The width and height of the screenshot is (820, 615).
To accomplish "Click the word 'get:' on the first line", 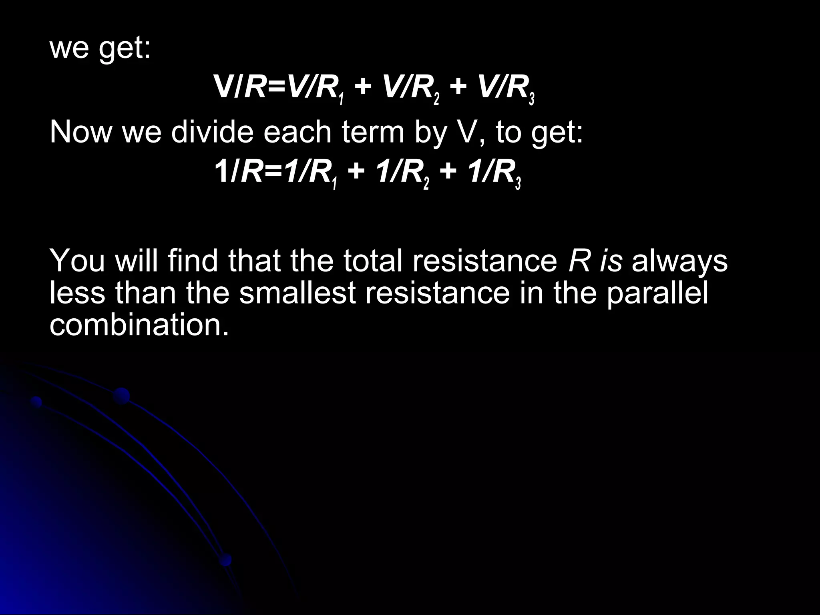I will pos(125,49).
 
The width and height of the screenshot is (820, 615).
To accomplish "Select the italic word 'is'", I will pos(611,261).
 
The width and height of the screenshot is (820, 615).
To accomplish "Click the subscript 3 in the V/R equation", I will pos(531,98).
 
